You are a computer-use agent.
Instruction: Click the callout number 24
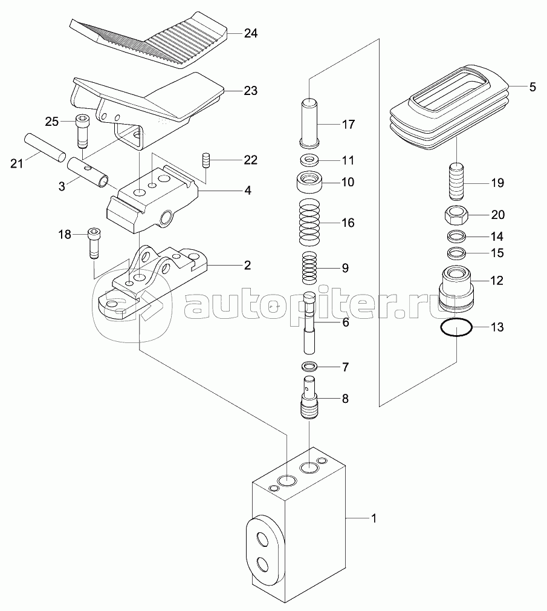(x=251, y=34)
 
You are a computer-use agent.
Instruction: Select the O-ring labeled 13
(x=456, y=328)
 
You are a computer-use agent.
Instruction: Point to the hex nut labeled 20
(x=457, y=214)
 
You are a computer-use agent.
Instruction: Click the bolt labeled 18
(x=94, y=242)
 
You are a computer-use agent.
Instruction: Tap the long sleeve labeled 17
(x=309, y=124)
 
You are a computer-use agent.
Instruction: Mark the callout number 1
(x=374, y=518)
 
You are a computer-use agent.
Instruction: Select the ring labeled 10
(x=309, y=181)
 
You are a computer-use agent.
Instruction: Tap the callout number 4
(x=247, y=190)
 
